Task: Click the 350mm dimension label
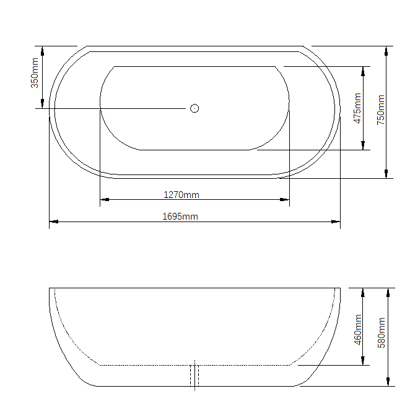(35, 72)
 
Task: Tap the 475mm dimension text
(357, 108)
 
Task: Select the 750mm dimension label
(381, 110)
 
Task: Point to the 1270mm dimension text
(181, 195)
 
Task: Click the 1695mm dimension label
(180, 217)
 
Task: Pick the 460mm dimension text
(357, 329)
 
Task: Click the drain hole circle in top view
(194, 108)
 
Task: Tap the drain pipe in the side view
(194, 376)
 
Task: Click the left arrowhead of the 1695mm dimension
(53, 221)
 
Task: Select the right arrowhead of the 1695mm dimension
(336, 221)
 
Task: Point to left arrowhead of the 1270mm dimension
(105, 199)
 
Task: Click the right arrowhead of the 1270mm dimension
(285, 199)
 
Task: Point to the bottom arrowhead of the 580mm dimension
(388, 382)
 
